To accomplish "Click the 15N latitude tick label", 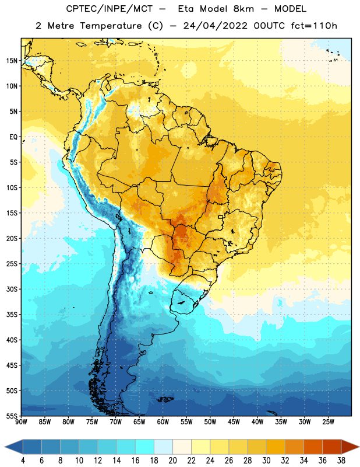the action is pyautogui.click(x=12, y=61).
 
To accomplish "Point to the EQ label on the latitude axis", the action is pyautogui.click(x=13, y=137).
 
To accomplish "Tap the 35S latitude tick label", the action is pyautogui.click(x=12, y=315).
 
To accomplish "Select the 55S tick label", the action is pyautogui.click(x=12, y=416).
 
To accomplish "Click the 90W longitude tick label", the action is pyautogui.click(x=21, y=422).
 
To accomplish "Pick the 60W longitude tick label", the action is pyautogui.click(x=163, y=422).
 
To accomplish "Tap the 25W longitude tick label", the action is pyautogui.click(x=328, y=422).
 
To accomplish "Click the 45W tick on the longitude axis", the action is pyautogui.click(x=234, y=422).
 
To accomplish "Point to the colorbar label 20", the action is pyautogui.click(x=172, y=461).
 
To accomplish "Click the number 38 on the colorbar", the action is pyautogui.click(x=341, y=461).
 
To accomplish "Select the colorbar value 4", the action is pyautogui.click(x=23, y=461).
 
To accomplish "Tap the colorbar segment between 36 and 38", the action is pyautogui.click(x=332, y=447).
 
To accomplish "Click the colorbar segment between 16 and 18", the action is pyautogui.click(x=145, y=447).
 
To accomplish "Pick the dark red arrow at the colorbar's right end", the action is pyautogui.click(x=350, y=447).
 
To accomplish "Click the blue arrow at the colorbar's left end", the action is pyautogui.click(x=13, y=447).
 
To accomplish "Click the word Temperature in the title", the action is pyautogui.click(x=111, y=26).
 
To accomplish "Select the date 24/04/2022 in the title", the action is pyautogui.click(x=215, y=26).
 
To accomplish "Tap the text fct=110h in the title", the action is pyautogui.click(x=314, y=26).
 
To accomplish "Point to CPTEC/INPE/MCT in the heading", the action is pyautogui.click(x=109, y=9).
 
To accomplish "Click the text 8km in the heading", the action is pyautogui.click(x=243, y=9).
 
